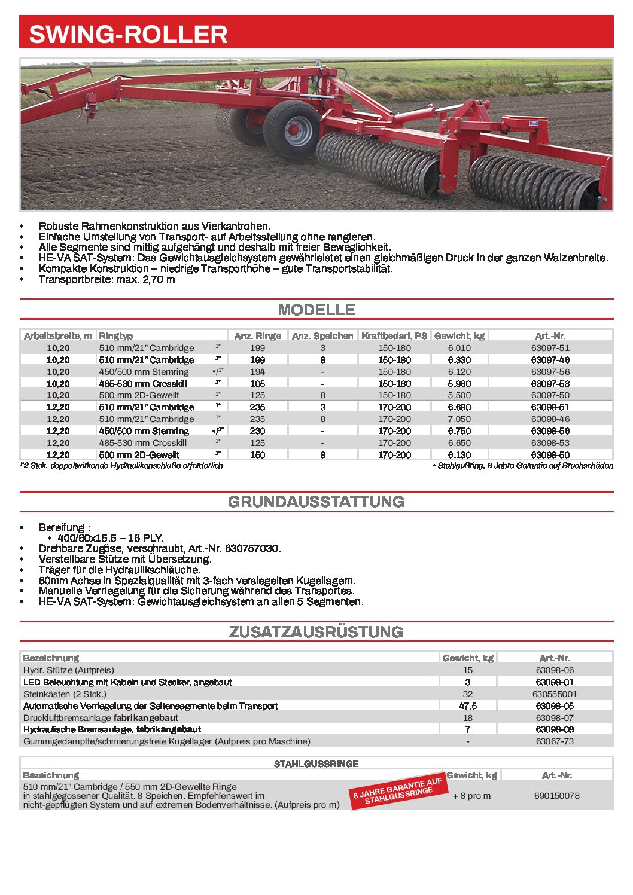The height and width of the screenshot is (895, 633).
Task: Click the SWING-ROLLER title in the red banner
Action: (128, 34)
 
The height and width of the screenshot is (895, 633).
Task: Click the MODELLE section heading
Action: (316, 310)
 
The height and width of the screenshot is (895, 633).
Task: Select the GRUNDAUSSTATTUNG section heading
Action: (316, 502)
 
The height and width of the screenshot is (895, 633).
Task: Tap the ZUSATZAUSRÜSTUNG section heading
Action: (316, 632)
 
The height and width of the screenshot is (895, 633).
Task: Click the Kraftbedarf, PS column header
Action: (394, 336)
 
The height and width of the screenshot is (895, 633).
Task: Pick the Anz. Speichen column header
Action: (322, 336)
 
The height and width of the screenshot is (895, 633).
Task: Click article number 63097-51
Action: (550, 348)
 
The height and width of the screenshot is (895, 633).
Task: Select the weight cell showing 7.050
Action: (459, 419)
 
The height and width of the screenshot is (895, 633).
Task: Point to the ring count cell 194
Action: (257, 372)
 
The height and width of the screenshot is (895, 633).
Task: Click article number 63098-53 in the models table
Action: (550, 443)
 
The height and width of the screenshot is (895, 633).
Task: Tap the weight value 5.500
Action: (459, 395)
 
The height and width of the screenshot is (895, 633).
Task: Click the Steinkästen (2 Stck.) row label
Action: (65, 694)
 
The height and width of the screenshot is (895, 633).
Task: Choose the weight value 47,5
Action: (468, 706)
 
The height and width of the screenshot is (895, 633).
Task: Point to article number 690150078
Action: (556, 796)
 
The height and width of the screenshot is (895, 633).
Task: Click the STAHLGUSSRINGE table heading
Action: (316, 764)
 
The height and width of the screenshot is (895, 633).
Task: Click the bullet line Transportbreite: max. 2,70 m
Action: (106, 279)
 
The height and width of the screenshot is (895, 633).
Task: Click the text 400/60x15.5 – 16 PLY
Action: (111, 538)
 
